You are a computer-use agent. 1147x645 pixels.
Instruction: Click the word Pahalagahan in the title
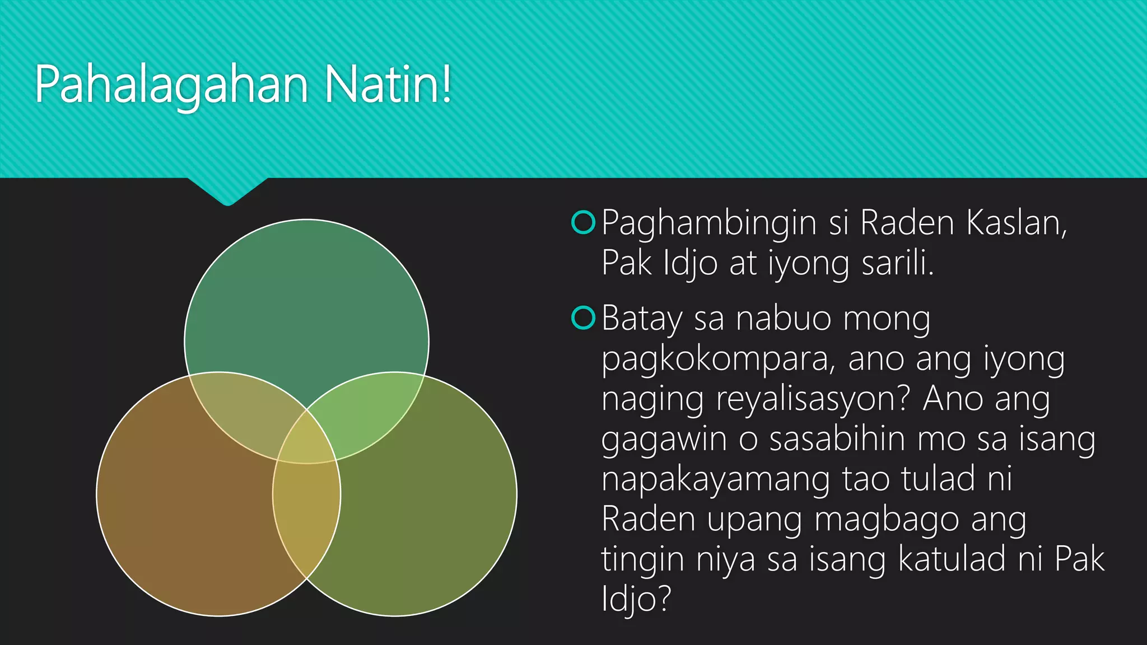171,85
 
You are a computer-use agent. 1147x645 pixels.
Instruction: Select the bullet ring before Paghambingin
583,222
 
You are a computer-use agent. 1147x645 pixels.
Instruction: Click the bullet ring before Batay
583,318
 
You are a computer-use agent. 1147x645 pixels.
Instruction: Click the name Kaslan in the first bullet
1016,223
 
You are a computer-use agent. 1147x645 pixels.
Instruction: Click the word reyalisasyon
813,399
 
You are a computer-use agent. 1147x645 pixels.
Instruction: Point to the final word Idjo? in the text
636,598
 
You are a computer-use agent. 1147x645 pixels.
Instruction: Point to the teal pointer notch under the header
227,191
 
